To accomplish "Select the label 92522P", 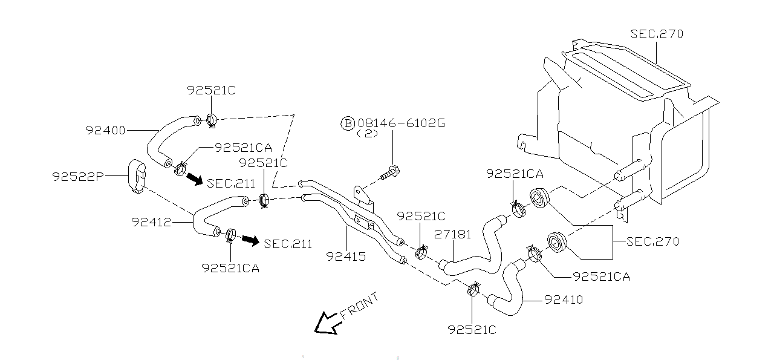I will [x=78, y=176].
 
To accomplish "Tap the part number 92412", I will [x=151, y=221].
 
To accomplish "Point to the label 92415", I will [x=346, y=257].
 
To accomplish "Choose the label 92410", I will [x=564, y=299].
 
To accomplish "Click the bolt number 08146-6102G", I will [x=401, y=123].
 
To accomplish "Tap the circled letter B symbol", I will [x=348, y=123].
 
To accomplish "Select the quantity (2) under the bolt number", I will [x=367, y=134].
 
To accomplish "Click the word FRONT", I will [x=360, y=306].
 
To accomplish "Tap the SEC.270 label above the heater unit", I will [x=657, y=34].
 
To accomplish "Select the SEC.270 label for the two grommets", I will [x=653, y=241].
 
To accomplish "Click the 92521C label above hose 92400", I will [x=211, y=91].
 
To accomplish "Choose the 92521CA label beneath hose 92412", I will [x=230, y=267].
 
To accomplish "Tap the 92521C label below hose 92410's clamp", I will [x=472, y=330].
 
